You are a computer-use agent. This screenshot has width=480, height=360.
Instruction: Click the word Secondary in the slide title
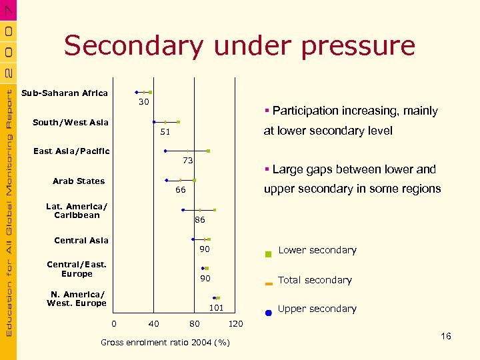pyautogui.click(x=133, y=47)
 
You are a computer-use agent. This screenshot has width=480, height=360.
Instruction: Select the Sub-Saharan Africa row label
pyautogui.click(x=65, y=93)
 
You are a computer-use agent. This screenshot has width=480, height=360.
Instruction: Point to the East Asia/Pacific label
pyautogui.click(x=71, y=151)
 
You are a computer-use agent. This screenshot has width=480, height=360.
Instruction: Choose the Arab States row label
pyautogui.click(x=79, y=181)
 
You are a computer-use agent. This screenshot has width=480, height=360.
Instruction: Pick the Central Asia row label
pyautogui.click(x=81, y=241)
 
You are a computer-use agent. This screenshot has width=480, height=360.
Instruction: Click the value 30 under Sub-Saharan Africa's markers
pyautogui.click(x=144, y=103)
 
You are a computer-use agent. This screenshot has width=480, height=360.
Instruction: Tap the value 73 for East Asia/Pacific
pyautogui.click(x=188, y=161)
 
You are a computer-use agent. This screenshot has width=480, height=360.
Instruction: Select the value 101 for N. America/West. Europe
pyautogui.click(x=216, y=308)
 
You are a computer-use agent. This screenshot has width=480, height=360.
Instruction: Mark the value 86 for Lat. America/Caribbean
pyautogui.click(x=200, y=219)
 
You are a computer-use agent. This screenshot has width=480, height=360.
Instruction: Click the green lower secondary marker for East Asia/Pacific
pyautogui.click(x=209, y=151)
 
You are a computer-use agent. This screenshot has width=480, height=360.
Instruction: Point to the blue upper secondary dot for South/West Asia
pyautogui.click(x=154, y=122)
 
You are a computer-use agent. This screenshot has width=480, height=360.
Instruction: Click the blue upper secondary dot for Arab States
pyautogui.click(x=167, y=180)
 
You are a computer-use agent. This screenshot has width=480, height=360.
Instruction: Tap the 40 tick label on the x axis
pyautogui.click(x=154, y=324)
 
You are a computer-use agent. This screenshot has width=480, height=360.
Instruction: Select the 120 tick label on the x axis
pyautogui.click(x=235, y=324)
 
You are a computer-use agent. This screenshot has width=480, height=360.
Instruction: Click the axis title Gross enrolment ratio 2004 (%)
pyautogui.click(x=165, y=343)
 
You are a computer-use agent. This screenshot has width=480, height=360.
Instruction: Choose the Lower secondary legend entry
pyautogui.click(x=317, y=251)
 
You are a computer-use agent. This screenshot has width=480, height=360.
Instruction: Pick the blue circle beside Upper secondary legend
pyautogui.click(x=268, y=312)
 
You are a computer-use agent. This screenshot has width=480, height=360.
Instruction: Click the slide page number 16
pyautogui.click(x=446, y=336)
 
